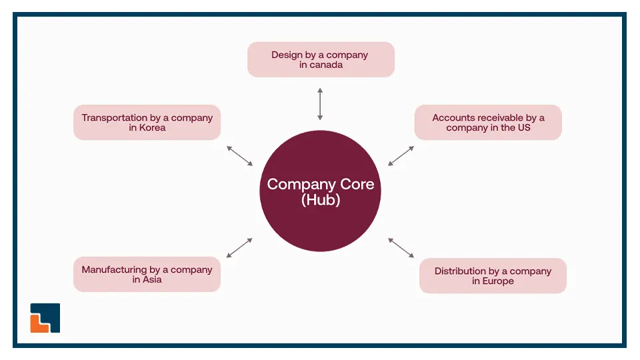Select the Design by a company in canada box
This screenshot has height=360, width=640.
pos(321,59)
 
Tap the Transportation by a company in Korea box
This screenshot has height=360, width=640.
pos(147,122)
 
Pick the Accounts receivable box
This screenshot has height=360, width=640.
pos(488,122)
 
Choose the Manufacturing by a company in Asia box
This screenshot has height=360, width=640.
pos(147,274)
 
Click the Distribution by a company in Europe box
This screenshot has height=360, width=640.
pos(493,275)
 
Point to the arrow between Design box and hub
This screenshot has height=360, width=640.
pos(320,103)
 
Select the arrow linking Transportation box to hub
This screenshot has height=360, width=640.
pos(240,155)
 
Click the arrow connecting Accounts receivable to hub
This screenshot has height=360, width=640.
pos(401,156)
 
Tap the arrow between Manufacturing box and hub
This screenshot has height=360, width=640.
pos(240,247)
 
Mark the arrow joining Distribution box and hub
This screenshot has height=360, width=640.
pos(401,247)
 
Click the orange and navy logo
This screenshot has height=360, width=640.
pos(45,318)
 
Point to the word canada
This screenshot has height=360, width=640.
pos(326,65)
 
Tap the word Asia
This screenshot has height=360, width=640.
pos(152,279)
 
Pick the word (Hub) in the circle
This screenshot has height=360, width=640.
pos(321,199)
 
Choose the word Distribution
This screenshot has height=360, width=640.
pos(461,271)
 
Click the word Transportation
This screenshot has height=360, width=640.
pos(113,117)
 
